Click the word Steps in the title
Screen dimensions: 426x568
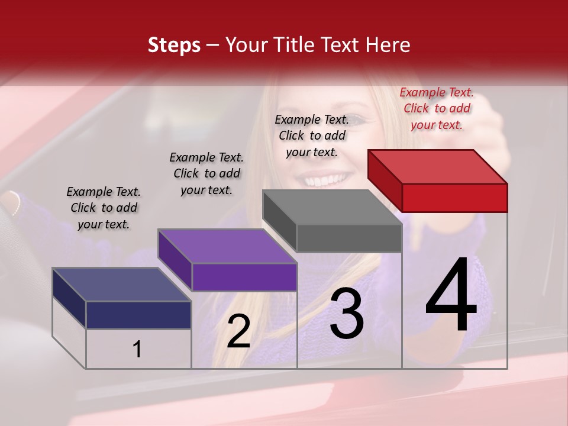(x=174, y=45)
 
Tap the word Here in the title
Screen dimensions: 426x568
(x=388, y=45)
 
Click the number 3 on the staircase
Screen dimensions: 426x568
(x=347, y=314)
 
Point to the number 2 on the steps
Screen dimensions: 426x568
(x=238, y=331)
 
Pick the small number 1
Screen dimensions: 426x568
(x=137, y=350)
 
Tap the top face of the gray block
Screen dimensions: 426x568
(x=332, y=207)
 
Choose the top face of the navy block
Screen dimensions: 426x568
(x=122, y=285)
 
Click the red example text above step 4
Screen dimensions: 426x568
(x=437, y=108)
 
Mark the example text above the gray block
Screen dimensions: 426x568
(x=312, y=135)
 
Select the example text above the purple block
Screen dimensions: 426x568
(x=206, y=173)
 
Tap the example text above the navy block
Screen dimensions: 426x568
(x=104, y=208)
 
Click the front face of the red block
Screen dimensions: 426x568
(x=454, y=198)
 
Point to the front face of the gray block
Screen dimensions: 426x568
(x=349, y=238)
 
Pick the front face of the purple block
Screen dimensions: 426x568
(x=244, y=277)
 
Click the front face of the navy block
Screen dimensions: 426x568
(x=138, y=315)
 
